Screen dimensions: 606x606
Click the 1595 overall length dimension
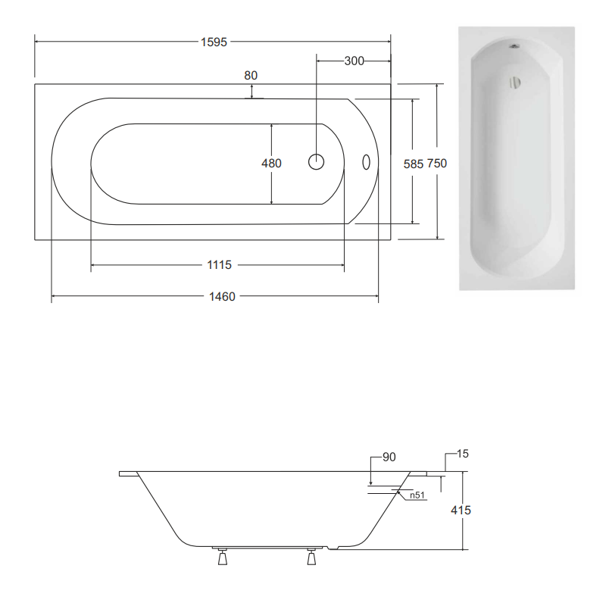[x=214, y=42]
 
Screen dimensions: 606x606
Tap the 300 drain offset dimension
[x=354, y=61]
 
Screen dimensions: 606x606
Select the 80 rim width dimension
[x=251, y=75]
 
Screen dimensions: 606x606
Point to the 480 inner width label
[x=271, y=163]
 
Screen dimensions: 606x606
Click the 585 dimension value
[x=414, y=164]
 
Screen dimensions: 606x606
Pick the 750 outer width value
[x=436, y=164]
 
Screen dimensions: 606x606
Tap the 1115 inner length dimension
[x=219, y=264]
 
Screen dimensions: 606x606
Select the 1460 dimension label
[x=222, y=296]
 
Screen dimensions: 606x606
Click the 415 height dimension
[x=461, y=510]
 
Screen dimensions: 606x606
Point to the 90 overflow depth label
[x=389, y=457]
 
